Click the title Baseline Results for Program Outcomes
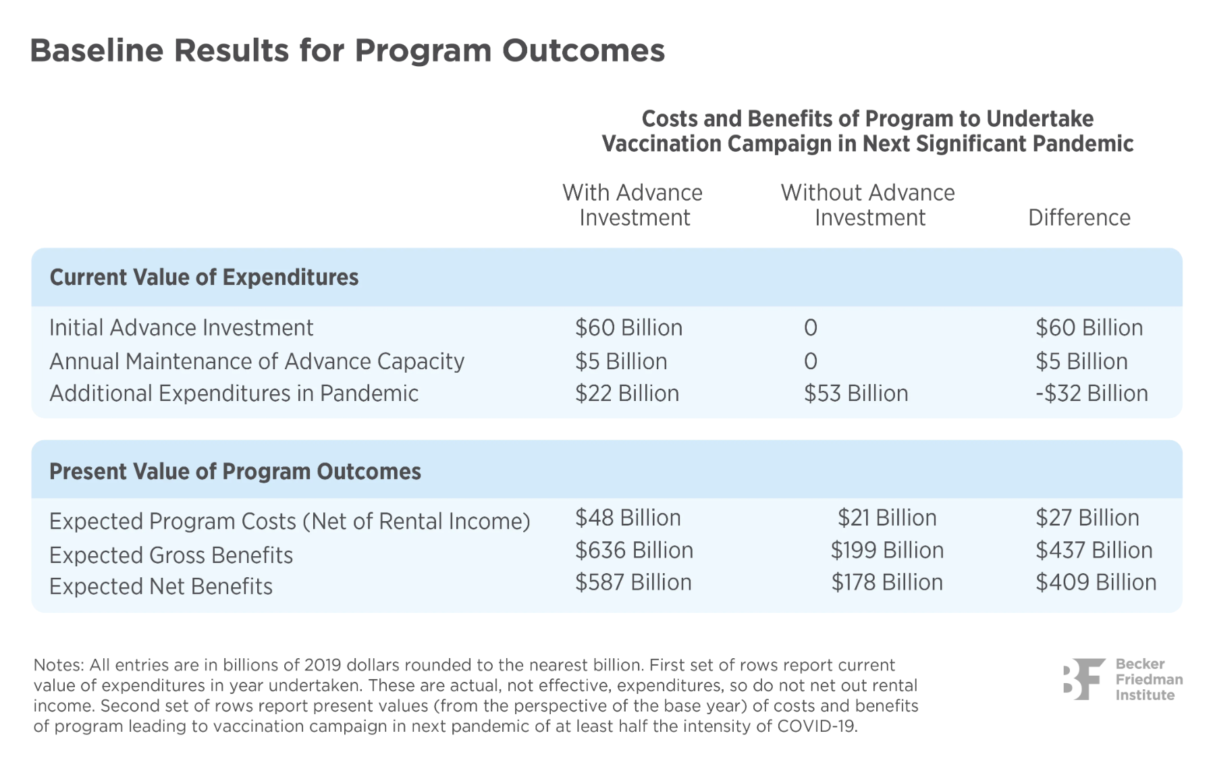point(347,51)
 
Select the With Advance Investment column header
point(633,205)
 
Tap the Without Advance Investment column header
point(868,205)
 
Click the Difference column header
point(1079,218)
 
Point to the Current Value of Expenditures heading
point(204,277)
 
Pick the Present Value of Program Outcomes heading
point(235,472)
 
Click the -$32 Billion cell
point(1091,394)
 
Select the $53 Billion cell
point(855,394)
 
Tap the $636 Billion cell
point(633,551)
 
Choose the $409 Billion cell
point(1096,583)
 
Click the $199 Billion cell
point(886,551)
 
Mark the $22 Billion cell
point(626,394)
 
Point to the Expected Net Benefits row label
point(161,587)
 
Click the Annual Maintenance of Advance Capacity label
point(257,362)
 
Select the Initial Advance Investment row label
point(181,328)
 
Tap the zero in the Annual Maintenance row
point(810,362)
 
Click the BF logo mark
point(1083,679)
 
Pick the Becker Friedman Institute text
point(1148,680)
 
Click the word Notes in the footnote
point(57,666)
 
